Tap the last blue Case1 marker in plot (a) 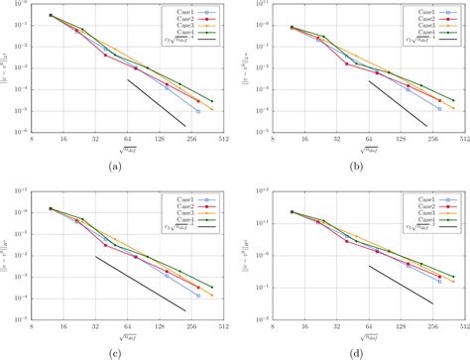pos(198,111)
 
